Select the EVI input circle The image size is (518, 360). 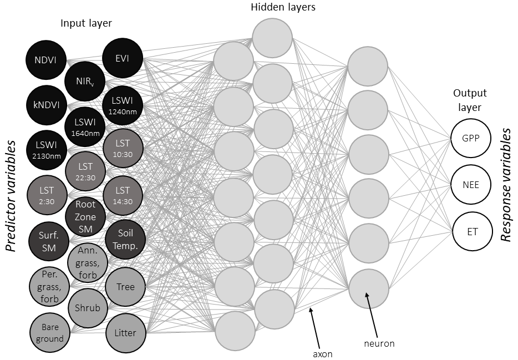coord(123,58)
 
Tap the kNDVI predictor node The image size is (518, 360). coord(46,105)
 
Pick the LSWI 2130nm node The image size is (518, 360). coord(46,149)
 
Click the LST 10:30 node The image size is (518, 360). coord(123,148)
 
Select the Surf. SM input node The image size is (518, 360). coord(48,241)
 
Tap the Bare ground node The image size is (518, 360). coord(49,333)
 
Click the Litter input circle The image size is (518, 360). coord(125,333)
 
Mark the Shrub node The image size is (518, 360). coord(87,307)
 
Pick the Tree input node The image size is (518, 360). coord(125,287)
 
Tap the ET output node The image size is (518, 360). coord(472,231)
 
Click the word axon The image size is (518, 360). coord(322,353)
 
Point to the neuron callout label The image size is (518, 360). coord(379,343)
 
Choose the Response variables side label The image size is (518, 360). coord(506,185)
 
